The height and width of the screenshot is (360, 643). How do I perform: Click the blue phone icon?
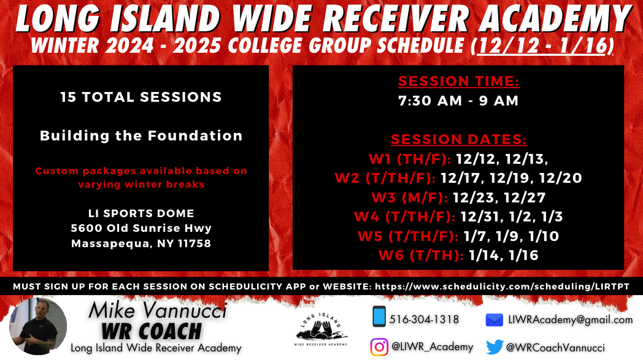click(x=379, y=316)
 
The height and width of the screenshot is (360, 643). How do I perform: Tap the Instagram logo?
click(x=379, y=347)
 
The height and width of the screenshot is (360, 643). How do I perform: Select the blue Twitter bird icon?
click(x=495, y=347)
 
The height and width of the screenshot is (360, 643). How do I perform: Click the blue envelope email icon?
click(x=494, y=320)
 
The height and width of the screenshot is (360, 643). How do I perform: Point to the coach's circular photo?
click(x=37, y=326)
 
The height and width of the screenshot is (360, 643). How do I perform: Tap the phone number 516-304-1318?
click(x=424, y=320)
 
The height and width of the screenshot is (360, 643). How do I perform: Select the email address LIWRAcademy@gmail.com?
click(x=571, y=320)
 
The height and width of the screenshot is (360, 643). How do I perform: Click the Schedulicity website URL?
click(x=502, y=286)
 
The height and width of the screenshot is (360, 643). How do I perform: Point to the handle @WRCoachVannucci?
click(x=555, y=348)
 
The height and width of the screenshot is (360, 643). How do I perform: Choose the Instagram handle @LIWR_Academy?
click(x=432, y=347)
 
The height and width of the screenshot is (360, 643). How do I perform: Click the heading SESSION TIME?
click(x=458, y=81)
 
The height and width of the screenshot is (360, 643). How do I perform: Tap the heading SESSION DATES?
click(x=458, y=139)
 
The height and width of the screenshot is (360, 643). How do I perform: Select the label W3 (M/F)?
click(x=409, y=197)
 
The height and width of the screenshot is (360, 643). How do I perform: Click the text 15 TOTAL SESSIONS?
click(x=141, y=97)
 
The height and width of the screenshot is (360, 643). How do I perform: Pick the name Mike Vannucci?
click(x=158, y=310)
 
